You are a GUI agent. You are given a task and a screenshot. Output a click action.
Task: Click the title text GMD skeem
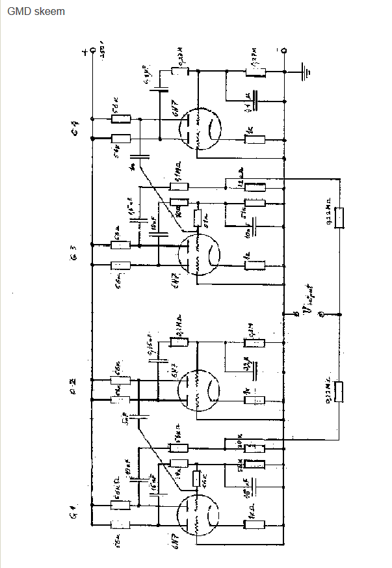tap(36, 12)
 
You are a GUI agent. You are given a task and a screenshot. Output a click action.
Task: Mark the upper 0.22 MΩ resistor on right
tap(338, 218)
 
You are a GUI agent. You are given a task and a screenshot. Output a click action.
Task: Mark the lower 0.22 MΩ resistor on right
tap(338, 392)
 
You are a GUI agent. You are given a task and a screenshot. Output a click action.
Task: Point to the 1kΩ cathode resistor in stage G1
tap(254, 524)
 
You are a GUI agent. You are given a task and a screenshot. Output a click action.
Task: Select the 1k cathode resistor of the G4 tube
tap(255, 139)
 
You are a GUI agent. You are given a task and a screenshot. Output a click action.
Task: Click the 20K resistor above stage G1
tap(254, 444)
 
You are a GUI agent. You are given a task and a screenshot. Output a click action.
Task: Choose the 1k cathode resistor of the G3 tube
tap(255, 265)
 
